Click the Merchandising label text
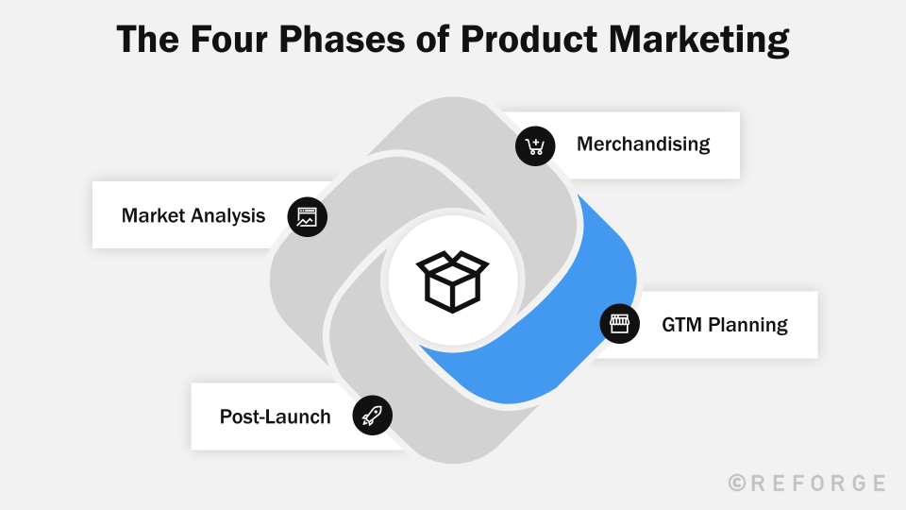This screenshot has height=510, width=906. [643, 144]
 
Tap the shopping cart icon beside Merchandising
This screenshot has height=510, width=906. [534, 146]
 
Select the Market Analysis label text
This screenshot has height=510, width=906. [193, 215]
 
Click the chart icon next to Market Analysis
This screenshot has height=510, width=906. [307, 216]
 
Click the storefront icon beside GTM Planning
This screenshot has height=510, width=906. [619, 324]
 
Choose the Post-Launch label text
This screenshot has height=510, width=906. [276, 416]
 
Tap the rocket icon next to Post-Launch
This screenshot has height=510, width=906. [372, 416]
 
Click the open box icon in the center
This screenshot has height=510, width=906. [453, 280]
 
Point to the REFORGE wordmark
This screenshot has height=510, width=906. [817, 483]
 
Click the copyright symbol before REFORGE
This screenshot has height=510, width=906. [738, 483]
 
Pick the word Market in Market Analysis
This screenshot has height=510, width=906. [154, 215]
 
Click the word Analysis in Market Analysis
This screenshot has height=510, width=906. [228, 215]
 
